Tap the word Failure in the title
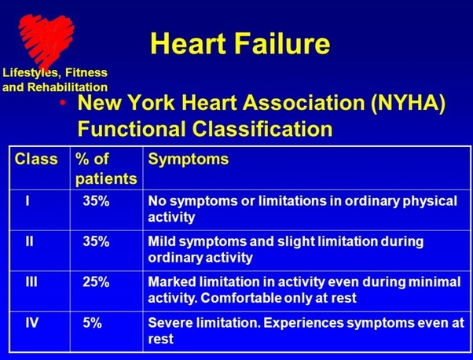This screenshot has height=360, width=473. (x=282, y=43)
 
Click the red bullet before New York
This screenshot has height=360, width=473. (x=63, y=103)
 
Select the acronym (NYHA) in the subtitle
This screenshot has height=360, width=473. (x=408, y=103)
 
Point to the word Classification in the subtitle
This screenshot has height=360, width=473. (x=262, y=129)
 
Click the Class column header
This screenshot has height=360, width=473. (x=36, y=159)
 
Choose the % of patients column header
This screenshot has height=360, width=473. (x=106, y=169)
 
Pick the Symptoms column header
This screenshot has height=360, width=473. (x=189, y=160)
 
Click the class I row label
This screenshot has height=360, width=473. (x=27, y=200)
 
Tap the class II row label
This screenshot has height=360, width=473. (x=29, y=241)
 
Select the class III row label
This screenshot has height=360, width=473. (x=31, y=282)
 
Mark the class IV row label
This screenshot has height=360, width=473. (x=32, y=322)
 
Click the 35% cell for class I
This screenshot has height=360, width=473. (x=96, y=200)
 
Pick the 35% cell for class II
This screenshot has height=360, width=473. (x=96, y=241)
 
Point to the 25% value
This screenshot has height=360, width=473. (x=96, y=282)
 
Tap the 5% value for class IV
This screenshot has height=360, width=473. (x=92, y=322)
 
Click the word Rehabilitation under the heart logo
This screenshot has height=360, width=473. (x=68, y=87)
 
